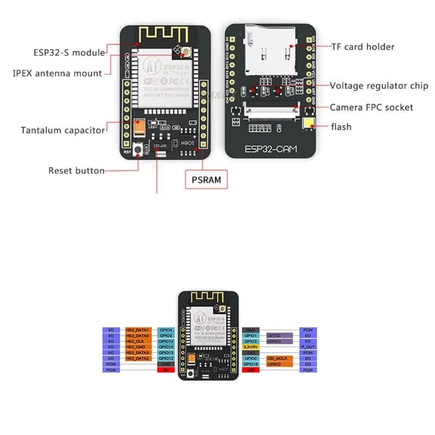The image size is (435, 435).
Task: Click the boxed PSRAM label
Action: [x=207, y=180]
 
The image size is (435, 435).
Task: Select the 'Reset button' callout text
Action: [x=76, y=170]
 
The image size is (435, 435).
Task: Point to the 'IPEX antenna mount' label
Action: [x=57, y=73]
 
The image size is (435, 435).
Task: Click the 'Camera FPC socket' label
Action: [x=371, y=107]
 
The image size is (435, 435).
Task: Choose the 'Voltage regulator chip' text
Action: [x=379, y=86]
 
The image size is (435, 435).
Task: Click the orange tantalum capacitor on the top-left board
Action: [x=139, y=128]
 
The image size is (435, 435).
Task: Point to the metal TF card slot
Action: [x=270, y=52]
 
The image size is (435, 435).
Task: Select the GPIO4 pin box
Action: [x=165, y=330]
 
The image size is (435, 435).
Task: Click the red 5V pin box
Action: [x=165, y=370]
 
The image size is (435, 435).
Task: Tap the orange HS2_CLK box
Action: [x=138, y=341]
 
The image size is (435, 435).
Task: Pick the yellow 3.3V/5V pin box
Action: [x=252, y=347]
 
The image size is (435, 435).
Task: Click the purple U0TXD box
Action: [x=279, y=335]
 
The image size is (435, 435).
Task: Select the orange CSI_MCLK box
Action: [x=279, y=358]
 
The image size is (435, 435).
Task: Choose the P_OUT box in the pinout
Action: [x=308, y=347]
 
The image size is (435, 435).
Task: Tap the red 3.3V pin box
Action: [x=252, y=370]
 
